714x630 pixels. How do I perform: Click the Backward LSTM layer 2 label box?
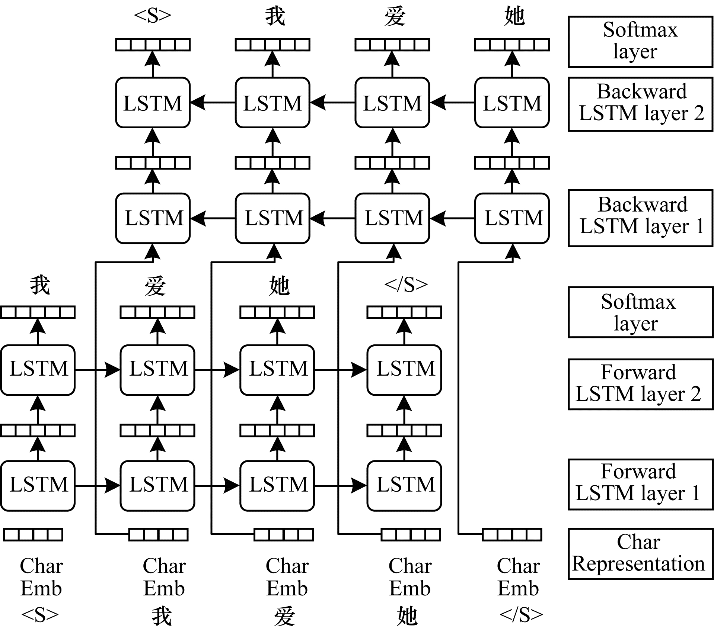[640, 104]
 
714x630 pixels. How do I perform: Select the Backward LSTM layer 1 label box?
[640, 218]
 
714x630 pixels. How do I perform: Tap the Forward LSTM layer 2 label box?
[640, 384]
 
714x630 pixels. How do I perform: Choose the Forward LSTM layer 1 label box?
[640, 484]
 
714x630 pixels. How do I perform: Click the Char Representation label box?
[640, 554]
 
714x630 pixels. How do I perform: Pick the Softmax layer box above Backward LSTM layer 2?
[640, 41]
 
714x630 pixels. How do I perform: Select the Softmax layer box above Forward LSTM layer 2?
[640, 312]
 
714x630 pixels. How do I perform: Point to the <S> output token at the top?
[153, 16]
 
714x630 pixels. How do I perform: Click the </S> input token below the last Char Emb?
[521, 615]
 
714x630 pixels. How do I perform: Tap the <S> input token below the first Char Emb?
[40, 615]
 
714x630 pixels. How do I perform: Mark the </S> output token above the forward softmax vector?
[406, 285]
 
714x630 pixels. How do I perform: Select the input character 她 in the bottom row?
[407, 615]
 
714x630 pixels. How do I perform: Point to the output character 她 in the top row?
[514, 16]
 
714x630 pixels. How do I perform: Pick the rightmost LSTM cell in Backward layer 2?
[512, 103]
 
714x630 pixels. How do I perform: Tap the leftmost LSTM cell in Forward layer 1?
[38, 485]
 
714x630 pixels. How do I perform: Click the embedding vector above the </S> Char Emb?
[512, 535]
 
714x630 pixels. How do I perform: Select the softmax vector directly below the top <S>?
[153, 45]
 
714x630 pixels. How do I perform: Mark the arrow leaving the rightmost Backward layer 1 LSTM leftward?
[452, 218]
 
